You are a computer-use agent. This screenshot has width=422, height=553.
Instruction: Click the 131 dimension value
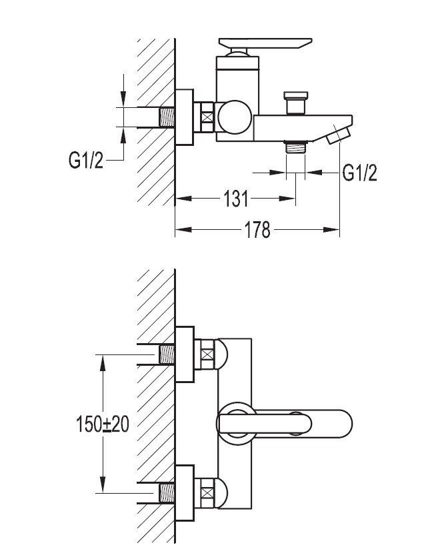pos(235,198)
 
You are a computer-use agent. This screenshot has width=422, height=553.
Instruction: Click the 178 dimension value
pos(257,230)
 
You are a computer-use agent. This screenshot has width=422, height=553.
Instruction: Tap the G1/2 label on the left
pos(87,160)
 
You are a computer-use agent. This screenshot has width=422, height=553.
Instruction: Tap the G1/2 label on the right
pos(360,173)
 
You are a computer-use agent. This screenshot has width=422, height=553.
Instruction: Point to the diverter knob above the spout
pos(294,103)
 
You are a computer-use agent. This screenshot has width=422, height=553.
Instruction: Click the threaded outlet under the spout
pos(294,146)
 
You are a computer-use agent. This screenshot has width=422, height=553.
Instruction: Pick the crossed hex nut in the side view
pos(208,117)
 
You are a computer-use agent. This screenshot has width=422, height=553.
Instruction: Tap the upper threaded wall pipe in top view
pos(167,354)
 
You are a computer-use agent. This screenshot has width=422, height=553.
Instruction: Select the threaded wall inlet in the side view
pos(167,117)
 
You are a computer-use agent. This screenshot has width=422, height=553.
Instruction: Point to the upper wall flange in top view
pos(184,354)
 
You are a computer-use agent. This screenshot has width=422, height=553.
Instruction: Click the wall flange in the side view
pos(184,117)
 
